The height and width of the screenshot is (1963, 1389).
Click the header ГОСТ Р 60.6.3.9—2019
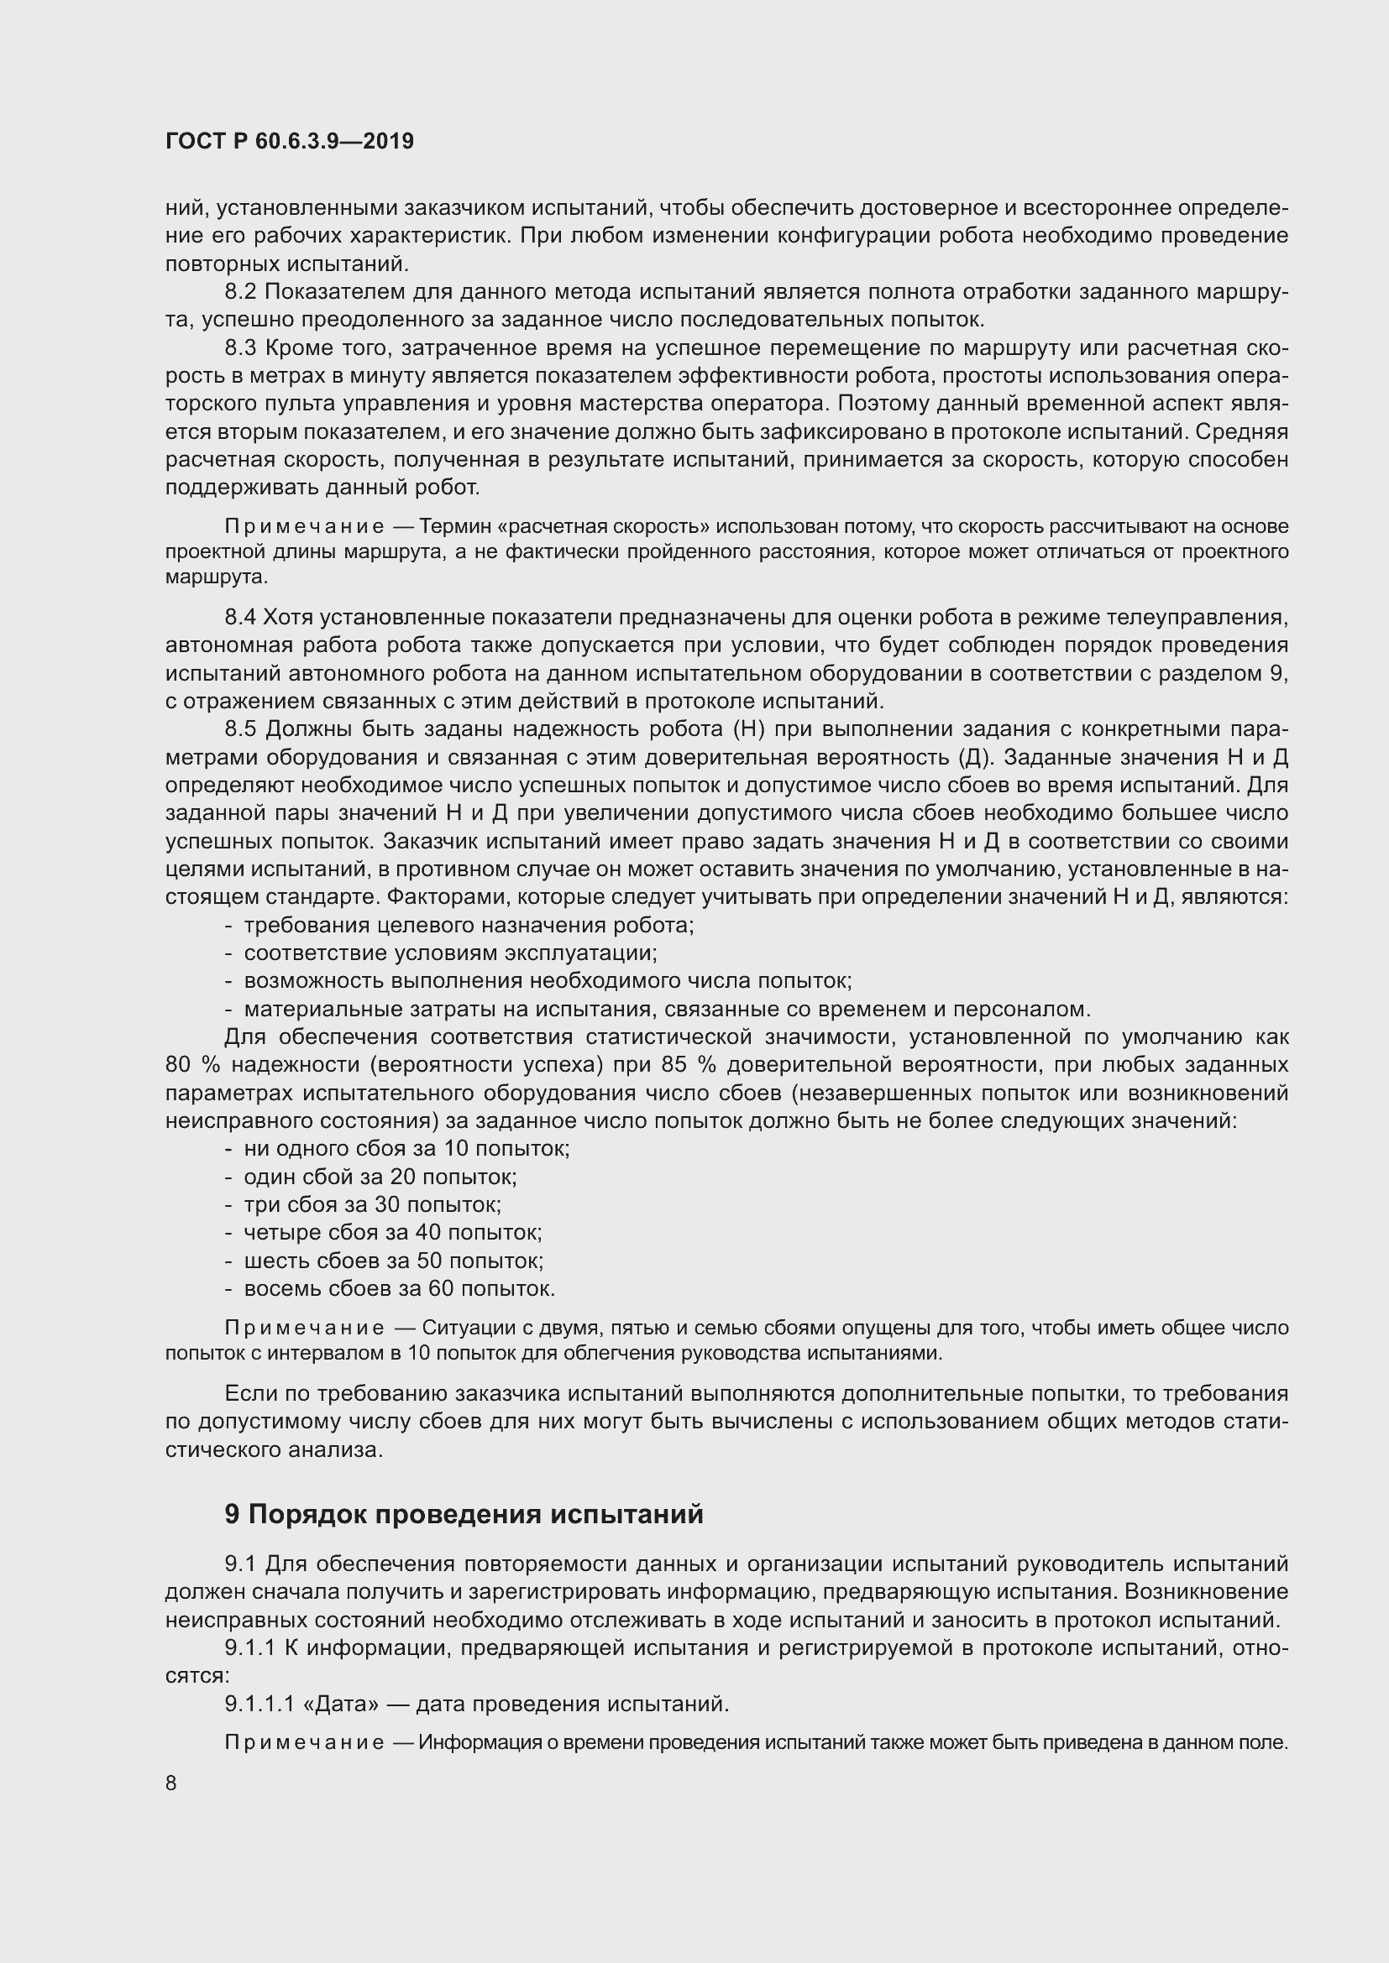tap(290, 141)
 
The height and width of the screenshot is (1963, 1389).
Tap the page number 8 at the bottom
tap(171, 1783)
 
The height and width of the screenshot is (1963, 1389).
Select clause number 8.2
tap(240, 292)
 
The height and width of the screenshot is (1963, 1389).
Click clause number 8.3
tap(240, 348)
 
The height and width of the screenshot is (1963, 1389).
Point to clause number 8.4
tap(240, 618)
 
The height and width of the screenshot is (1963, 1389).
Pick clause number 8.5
tap(240, 729)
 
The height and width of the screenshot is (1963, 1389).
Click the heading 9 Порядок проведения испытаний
tap(464, 1514)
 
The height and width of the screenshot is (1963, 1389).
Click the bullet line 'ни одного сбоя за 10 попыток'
tap(406, 1149)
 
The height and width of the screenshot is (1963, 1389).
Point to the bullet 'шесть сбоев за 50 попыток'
tap(393, 1261)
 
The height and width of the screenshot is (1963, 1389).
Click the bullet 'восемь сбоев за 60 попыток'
tap(400, 1288)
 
